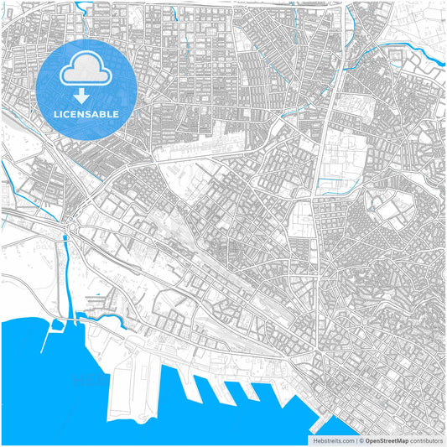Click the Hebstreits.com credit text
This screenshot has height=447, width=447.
coord(333,439)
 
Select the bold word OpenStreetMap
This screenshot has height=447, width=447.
coord(387,439)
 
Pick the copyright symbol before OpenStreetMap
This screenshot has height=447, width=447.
coord(361,439)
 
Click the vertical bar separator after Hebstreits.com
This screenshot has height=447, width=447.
coord(356,439)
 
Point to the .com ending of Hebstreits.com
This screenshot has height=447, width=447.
coord(346,439)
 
